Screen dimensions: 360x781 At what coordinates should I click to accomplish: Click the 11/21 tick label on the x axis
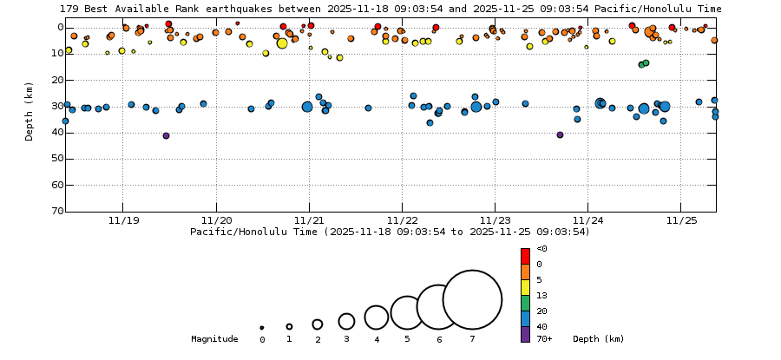tap(309, 220)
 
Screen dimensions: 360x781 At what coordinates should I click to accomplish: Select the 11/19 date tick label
tap(122, 220)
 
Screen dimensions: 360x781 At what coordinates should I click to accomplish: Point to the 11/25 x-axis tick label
tap(681, 220)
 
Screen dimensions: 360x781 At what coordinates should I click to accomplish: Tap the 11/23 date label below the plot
tap(495, 220)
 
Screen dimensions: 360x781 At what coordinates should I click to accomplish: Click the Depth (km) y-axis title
tap(30, 111)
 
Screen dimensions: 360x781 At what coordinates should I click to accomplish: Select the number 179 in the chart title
tap(69, 9)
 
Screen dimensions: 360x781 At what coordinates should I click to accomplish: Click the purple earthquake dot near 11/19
tap(166, 135)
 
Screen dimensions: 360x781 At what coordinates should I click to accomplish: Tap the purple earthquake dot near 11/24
tap(560, 134)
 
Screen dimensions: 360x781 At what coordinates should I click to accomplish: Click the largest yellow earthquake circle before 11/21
tap(282, 43)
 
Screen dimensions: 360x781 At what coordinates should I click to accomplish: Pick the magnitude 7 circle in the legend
tap(472, 299)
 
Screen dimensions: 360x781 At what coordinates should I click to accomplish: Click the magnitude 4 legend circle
tap(376, 317)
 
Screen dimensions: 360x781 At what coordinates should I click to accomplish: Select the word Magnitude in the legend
tap(214, 339)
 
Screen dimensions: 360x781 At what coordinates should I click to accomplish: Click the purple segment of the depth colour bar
tap(525, 334)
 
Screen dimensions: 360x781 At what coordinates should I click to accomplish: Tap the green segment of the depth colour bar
tap(525, 303)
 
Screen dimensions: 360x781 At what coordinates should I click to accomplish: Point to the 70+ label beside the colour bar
tap(544, 339)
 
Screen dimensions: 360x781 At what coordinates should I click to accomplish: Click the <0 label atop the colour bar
tap(541, 249)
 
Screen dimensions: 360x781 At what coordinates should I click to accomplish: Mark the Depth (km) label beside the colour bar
tap(598, 339)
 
